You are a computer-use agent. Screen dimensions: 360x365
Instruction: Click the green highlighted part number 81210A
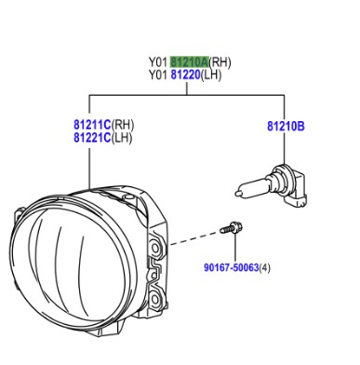tap(190, 62)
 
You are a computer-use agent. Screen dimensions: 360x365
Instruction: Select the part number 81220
tap(186, 74)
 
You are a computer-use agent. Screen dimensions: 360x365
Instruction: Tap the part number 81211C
tap(92, 125)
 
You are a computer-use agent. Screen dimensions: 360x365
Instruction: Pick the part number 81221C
tap(92, 138)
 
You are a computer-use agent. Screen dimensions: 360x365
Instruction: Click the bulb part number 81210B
tap(286, 127)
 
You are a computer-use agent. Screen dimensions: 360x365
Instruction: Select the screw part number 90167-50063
tap(231, 267)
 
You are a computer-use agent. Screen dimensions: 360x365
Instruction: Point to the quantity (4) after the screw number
tap(264, 267)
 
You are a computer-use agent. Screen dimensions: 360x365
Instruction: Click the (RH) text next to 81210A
tap(220, 62)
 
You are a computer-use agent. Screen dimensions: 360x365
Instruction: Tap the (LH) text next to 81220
tap(211, 75)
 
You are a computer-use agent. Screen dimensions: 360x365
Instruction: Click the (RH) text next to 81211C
tap(123, 125)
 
